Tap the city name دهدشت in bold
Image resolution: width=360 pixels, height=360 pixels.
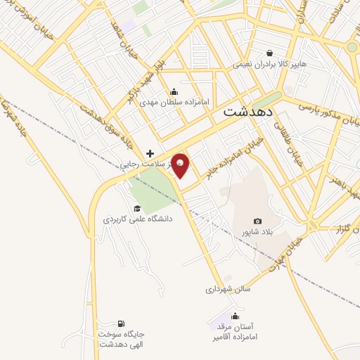click(250, 112)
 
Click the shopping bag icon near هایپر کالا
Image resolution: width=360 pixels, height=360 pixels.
click(270, 52)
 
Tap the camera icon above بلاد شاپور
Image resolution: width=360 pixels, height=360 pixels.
click(257, 221)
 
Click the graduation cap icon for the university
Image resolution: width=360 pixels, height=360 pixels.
click(136, 208)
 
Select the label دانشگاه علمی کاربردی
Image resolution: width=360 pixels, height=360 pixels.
click(138, 219)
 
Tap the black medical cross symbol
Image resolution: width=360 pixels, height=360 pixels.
click(150, 153)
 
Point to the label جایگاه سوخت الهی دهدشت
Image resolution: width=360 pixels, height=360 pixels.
click(121, 340)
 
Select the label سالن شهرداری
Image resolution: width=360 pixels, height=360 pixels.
click(228, 288)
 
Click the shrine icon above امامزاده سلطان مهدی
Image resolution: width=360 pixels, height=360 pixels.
click(174, 92)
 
